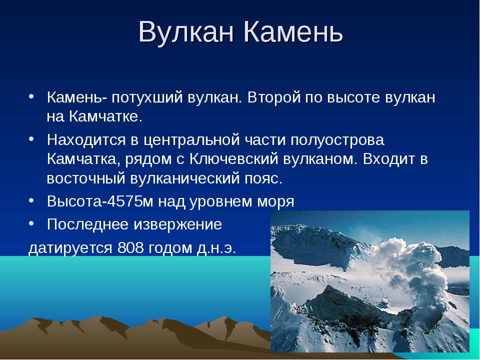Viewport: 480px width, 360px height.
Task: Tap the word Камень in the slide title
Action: (x=293, y=32)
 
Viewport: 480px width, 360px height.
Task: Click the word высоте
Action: (x=353, y=98)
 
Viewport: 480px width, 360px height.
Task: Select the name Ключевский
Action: (x=234, y=159)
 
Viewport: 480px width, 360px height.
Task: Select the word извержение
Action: (x=177, y=224)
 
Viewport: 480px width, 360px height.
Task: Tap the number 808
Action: (x=130, y=247)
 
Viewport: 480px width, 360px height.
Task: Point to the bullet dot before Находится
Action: (x=31, y=139)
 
